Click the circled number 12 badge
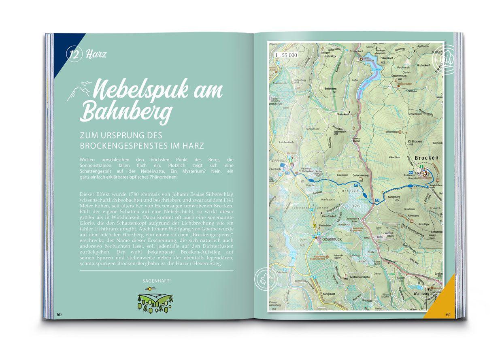(74, 54)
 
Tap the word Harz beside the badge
(96, 54)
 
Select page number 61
(448, 314)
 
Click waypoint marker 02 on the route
(356, 185)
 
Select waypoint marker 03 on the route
(377, 200)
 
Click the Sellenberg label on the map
(331, 88)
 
